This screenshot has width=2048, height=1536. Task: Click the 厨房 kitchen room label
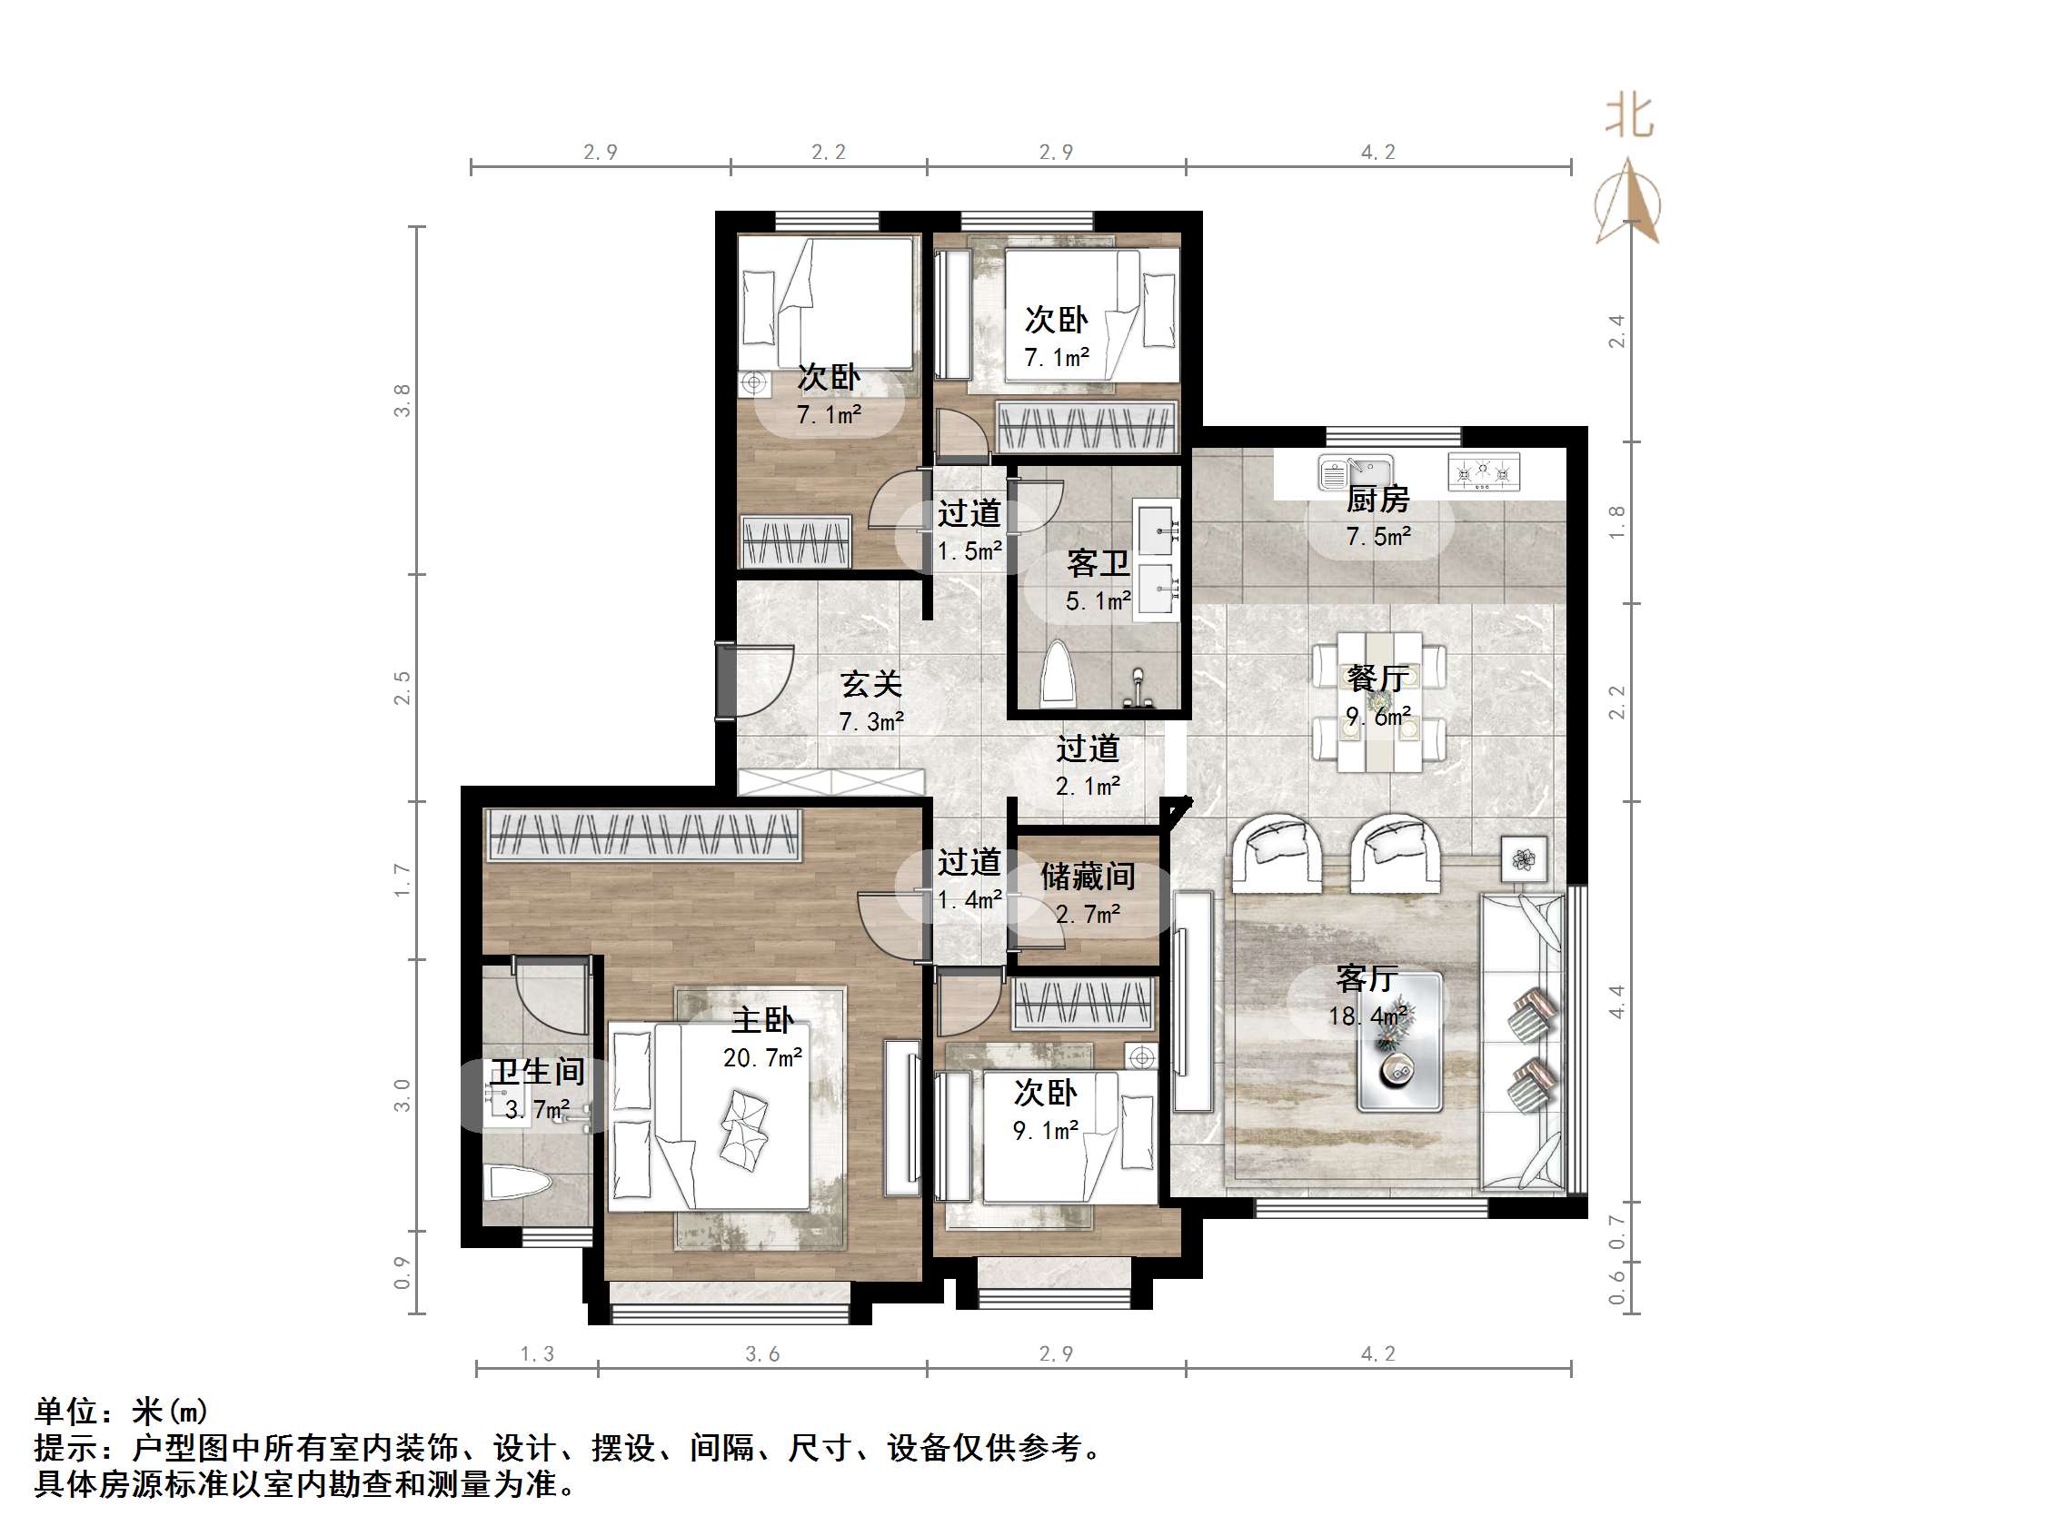(x=1377, y=500)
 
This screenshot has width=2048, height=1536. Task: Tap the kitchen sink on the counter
(x=1355, y=473)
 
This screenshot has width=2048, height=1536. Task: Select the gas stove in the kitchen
(x=1483, y=473)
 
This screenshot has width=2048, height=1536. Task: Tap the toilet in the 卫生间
(x=519, y=1184)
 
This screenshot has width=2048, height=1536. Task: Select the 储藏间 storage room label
(x=1087, y=876)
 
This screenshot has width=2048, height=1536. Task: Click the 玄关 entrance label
(x=870, y=684)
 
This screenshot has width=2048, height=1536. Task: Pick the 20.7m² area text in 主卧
(x=762, y=1057)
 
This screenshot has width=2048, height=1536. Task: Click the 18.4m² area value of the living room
(x=1368, y=1016)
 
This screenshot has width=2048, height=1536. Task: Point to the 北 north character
(x=1628, y=117)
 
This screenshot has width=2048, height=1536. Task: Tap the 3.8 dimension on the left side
(x=402, y=400)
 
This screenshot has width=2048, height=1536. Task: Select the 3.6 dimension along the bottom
(x=762, y=1354)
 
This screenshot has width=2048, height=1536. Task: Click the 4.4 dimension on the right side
(x=1616, y=1002)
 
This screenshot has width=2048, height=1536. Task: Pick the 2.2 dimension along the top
(x=828, y=152)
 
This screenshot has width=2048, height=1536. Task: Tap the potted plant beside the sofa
(x=1524, y=860)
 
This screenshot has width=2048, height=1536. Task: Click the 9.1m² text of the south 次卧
(x=1045, y=1131)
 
